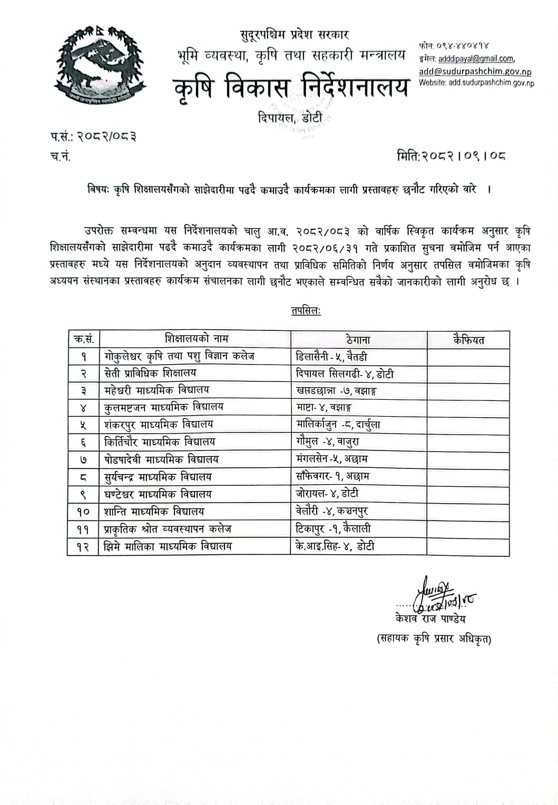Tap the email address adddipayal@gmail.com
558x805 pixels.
[x=476, y=59]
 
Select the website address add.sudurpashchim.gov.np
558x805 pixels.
[x=491, y=83]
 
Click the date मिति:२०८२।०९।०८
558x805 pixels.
[x=451, y=156]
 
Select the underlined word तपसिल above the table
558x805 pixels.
[x=306, y=311]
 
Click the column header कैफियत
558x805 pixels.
[x=468, y=340]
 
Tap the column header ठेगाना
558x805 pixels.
[x=358, y=340]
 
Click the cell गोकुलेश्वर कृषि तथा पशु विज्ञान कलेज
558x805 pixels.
[x=179, y=356]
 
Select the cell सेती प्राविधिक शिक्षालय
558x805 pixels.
[x=150, y=373]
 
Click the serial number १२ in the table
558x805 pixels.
[x=83, y=547]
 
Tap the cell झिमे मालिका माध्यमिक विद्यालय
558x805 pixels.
[x=168, y=546]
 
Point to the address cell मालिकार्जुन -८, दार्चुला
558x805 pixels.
[x=338, y=424]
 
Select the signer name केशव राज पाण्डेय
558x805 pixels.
[x=430, y=619]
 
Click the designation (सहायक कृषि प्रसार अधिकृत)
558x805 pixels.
[x=434, y=639]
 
